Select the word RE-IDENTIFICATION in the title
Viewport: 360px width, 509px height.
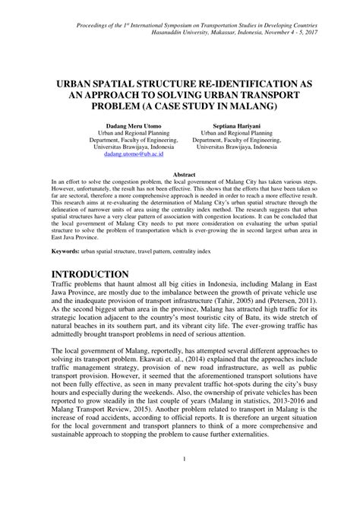(x=228, y=79)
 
